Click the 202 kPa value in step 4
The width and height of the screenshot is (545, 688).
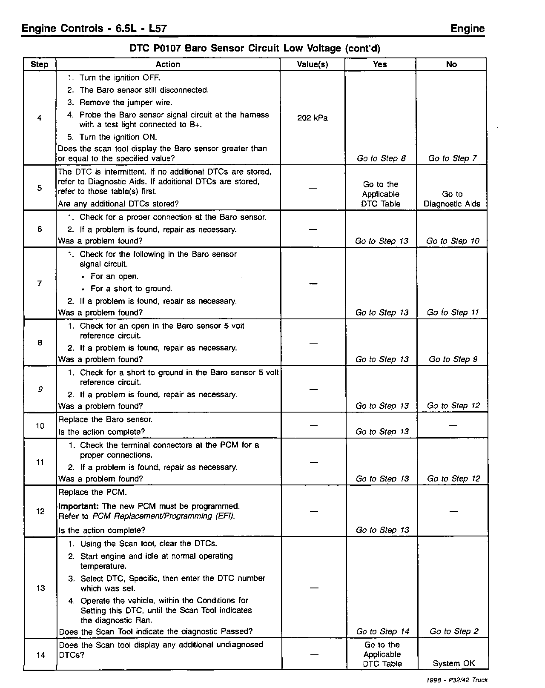pyautogui.click(x=312, y=118)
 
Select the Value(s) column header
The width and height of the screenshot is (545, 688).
pyautogui.click(x=312, y=64)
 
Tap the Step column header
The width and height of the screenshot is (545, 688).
pyautogui.click(x=40, y=64)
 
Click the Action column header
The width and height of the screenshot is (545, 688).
pyautogui.click(x=168, y=64)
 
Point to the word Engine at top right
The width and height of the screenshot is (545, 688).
pyautogui.click(x=467, y=29)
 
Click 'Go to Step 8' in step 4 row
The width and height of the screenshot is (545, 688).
pyautogui.click(x=381, y=158)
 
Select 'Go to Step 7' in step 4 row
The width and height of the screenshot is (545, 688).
pyautogui.click(x=452, y=158)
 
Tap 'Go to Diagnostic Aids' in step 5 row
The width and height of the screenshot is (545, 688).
pyautogui.click(x=452, y=199)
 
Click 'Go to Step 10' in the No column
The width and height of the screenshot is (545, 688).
pyautogui.click(x=453, y=241)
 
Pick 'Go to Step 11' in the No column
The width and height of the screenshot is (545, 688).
pyautogui.click(x=453, y=312)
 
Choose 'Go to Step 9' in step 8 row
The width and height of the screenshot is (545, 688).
pyautogui.click(x=453, y=359)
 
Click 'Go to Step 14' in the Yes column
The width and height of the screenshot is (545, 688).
pyautogui.click(x=382, y=631)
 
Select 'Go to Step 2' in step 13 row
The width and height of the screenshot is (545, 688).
pyautogui.click(x=454, y=631)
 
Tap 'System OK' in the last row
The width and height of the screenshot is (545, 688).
pyautogui.click(x=453, y=663)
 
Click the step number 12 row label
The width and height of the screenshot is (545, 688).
pyautogui.click(x=40, y=511)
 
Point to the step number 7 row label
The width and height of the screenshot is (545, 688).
pyautogui.click(x=40, y=284)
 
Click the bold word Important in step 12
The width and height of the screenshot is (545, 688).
pyautogui.click(x=79, y=506)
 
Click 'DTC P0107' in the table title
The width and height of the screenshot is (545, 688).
pyautogui.click(x=156, y=48)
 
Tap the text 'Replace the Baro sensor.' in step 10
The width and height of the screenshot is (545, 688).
pyautogui.click(x=105, y=419)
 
